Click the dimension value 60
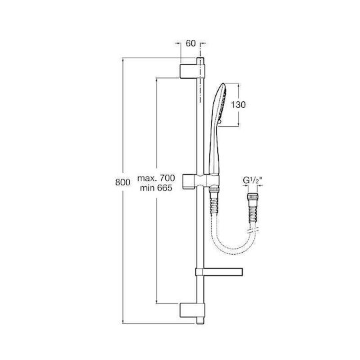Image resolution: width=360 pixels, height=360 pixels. tap(191, 43)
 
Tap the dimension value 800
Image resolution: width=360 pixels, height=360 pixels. tap(123, 182)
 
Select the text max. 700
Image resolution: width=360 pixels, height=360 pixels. tap(156, 178)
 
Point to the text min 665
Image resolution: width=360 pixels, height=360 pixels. tap(156, 188)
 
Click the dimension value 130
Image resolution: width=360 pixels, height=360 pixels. tap(238, 105)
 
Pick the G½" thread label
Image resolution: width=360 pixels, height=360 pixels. tap(252, 181)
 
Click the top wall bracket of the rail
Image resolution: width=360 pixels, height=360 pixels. tap(192, 71)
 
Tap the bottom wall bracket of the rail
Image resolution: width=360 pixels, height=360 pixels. tap(192, 311)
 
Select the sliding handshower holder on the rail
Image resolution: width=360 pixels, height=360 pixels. tap(201, 182)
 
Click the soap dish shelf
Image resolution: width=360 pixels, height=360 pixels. tap(219, 272)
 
